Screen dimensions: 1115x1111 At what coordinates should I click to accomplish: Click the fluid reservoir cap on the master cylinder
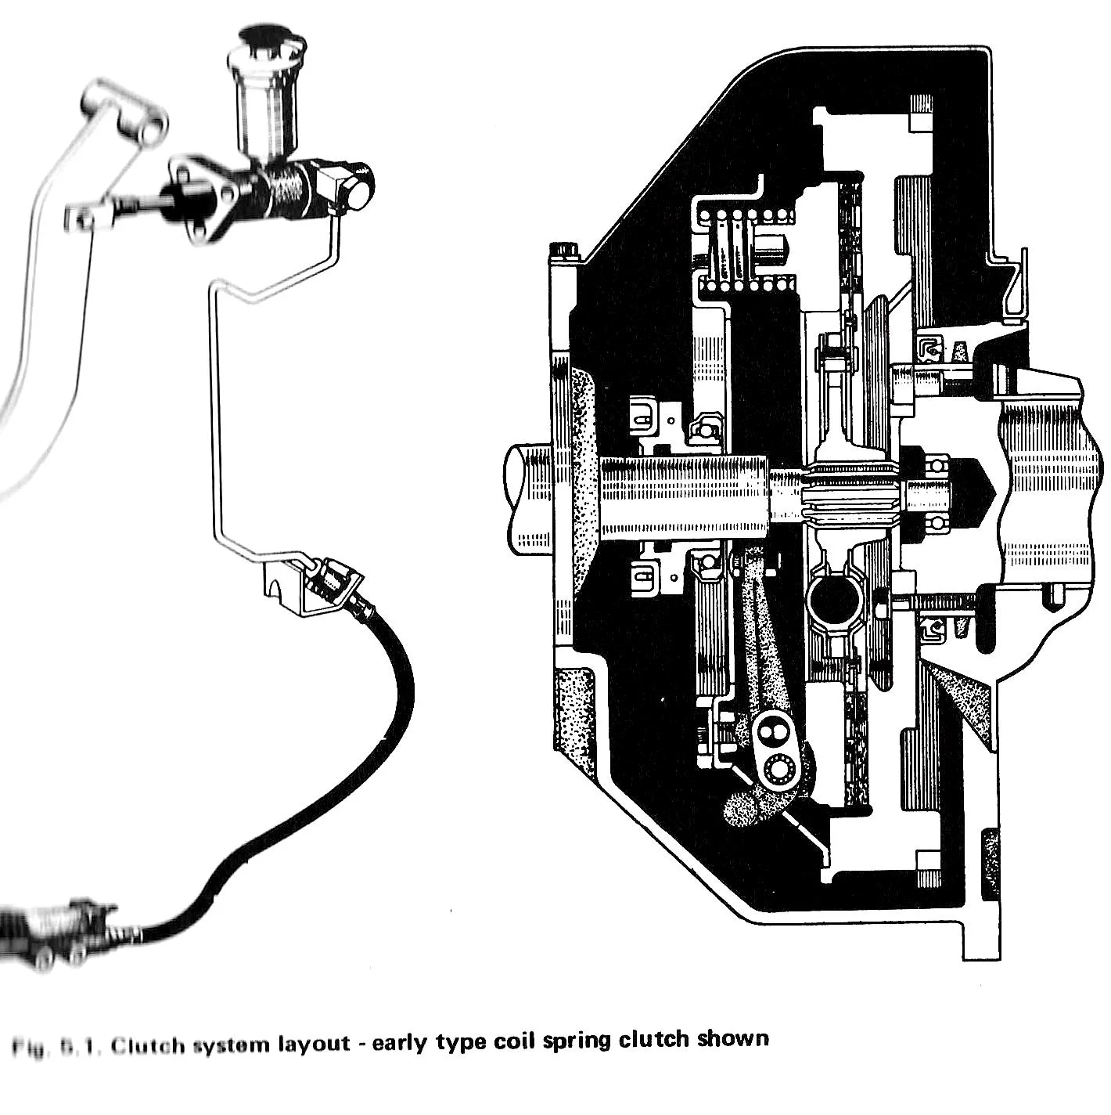(x=262, y=38)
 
